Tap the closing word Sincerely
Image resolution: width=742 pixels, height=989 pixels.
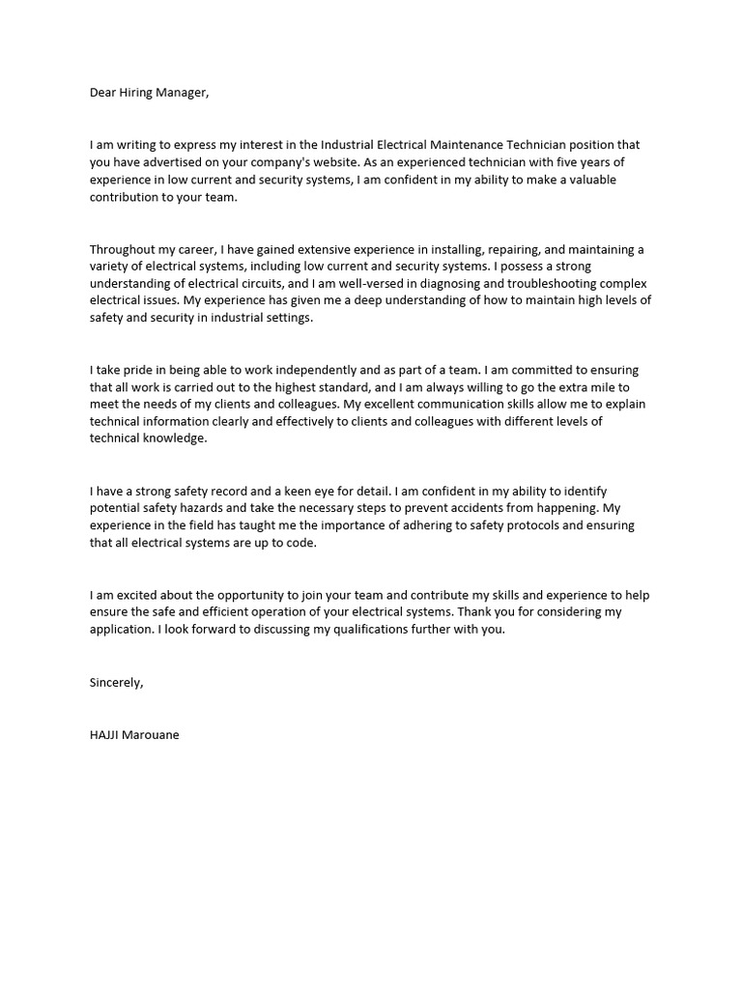[116, 682]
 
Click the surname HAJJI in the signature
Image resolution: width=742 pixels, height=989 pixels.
[104, 734]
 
